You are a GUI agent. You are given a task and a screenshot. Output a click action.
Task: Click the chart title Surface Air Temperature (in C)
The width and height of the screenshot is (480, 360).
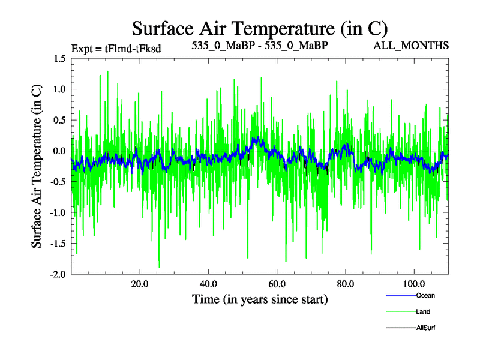(x=260, y=28)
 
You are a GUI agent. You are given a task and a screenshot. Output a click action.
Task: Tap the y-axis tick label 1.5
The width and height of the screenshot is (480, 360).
(x=59, y=59)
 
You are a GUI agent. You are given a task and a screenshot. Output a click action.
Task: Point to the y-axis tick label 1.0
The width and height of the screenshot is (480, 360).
(x=59, y=89)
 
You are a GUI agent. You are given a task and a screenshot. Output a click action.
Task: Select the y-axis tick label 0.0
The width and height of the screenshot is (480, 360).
(x=59, y=151)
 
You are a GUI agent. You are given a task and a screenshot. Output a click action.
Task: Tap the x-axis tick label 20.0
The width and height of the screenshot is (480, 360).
(x=140, y=284)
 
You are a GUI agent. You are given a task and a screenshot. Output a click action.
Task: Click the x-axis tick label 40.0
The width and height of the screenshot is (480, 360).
(x=208, y=284)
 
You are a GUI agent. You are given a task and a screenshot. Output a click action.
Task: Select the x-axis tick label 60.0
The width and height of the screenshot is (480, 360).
(x=277, y=284)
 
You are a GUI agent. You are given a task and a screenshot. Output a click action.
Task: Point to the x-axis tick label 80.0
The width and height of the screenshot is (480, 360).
(x=345, y=284)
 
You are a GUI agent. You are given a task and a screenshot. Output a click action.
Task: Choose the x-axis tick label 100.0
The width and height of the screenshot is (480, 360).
(x=413, y=284)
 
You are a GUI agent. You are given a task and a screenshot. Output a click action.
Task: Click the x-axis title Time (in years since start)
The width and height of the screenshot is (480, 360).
(x=260, y=299)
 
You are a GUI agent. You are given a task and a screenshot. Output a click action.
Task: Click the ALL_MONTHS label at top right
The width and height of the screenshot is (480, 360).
(x=411, y=46)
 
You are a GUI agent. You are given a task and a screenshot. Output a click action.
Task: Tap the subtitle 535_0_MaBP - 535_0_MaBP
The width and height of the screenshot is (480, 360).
(x=260, y=46)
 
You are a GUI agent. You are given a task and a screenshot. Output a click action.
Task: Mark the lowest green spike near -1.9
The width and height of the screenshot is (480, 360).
(x=159, y=267)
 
